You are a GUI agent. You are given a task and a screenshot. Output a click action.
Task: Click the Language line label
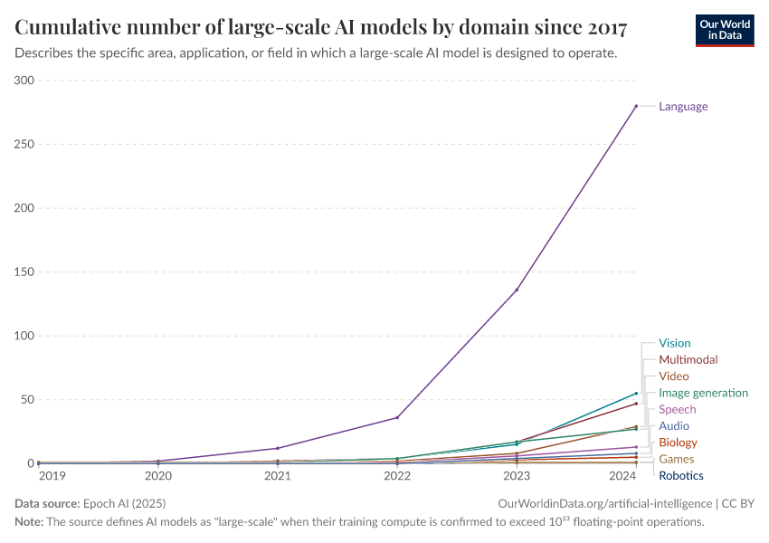[683, 107]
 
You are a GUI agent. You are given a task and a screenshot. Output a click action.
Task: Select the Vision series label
[674, 343]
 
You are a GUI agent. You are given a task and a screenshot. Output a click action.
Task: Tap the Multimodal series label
[688, 359]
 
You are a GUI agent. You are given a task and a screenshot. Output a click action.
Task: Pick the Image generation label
[703, 393]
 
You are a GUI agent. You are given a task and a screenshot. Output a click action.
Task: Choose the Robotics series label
[680, 476]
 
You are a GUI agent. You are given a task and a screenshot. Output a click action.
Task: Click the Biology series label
[678, 443]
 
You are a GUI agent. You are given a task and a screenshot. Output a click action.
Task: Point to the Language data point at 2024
[636, 106]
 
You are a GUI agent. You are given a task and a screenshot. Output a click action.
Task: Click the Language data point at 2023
[517, 290]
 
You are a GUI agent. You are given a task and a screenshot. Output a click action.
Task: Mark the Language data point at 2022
[397, 417]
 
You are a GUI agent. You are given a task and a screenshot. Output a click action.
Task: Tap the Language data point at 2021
[278, 448]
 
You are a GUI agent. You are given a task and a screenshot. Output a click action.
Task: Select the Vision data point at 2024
[636, 394]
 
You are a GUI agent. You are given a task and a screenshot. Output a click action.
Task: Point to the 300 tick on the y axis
[24, 81]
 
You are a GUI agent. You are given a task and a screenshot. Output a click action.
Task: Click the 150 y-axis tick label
[24, 272]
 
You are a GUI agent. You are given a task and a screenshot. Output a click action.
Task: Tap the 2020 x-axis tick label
[158, 475]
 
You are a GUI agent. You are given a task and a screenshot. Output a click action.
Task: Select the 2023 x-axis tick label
[517, 475]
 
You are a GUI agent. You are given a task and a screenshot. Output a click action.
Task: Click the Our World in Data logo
[724, 30]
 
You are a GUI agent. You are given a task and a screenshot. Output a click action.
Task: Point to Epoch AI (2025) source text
[124, 503]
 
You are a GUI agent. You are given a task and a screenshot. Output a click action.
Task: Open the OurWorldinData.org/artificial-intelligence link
[604, 503]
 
